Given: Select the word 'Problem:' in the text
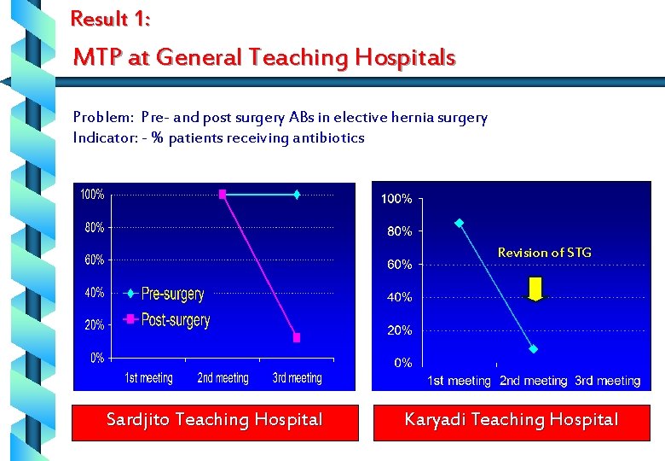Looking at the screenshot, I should pyautogui.click(x=102, y=118).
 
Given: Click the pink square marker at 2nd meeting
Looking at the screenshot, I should pyautogui.click(x=223, y=195).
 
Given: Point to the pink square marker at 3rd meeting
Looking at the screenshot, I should pyautogui.click(x=297, y=337).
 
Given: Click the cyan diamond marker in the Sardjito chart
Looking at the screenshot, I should pyautogui.click(x=297, y=195).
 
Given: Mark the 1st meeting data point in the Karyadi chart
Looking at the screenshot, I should pyautogui.click(x=460, y=223).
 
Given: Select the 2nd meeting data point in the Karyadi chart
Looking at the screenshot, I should pyautogui.click(x=534, y=349).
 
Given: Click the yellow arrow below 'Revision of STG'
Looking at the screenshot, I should pyautogui.click(x=535, y=289).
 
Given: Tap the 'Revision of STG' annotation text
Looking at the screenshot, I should pyautogui.click(x=544, y=253).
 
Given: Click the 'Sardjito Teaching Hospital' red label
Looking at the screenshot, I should pyautogui.click(x=214, y=420).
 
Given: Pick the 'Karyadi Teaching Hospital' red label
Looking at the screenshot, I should pyautogui.click(x=511, y=420).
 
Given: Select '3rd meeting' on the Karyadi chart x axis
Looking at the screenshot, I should pyautogui.click(x=607, y=381).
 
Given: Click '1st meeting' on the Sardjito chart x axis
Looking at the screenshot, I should pyautogui.click(x=148, y=377).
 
